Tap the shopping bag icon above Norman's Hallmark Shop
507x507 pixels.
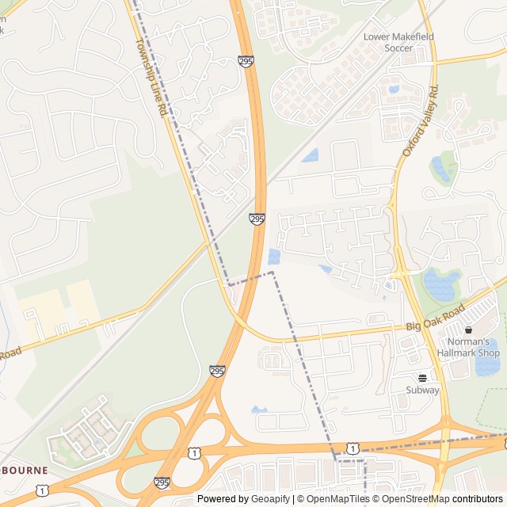469,330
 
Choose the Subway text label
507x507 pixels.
422,390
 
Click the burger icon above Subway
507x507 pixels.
422,377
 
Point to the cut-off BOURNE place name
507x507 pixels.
24,470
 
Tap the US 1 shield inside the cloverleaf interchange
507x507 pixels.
193,452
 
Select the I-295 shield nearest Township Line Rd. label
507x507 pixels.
246,60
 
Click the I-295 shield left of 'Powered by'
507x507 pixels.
162,482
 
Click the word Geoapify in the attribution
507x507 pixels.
272,499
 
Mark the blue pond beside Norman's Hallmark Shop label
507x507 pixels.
486,364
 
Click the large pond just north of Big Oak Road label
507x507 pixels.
441,283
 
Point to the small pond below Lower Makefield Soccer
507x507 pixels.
394,89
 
